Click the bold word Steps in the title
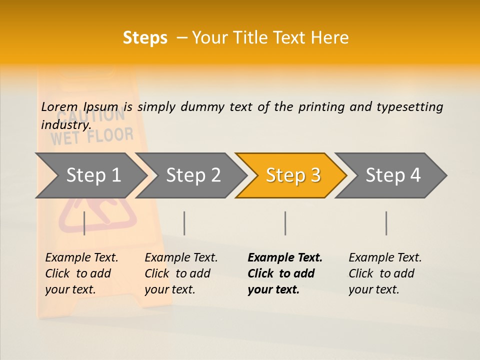click(x=145, y=38)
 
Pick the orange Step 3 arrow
click(x=293, y=175)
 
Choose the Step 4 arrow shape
click(x=393, y=175)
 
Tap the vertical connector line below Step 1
click(x=84, y=223)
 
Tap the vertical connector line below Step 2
click(x=184, y=223)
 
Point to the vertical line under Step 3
click(x=285, y=223)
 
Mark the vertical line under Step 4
click(x=386, y=223)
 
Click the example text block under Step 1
click(x=81, y=273)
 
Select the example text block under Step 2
click(x=181, y=273)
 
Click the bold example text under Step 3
click(x=284, y=273)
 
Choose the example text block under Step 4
click(x=385, y=273)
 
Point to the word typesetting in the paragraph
click(x=409, y=107)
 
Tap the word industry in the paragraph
click(x=65, y=125)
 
